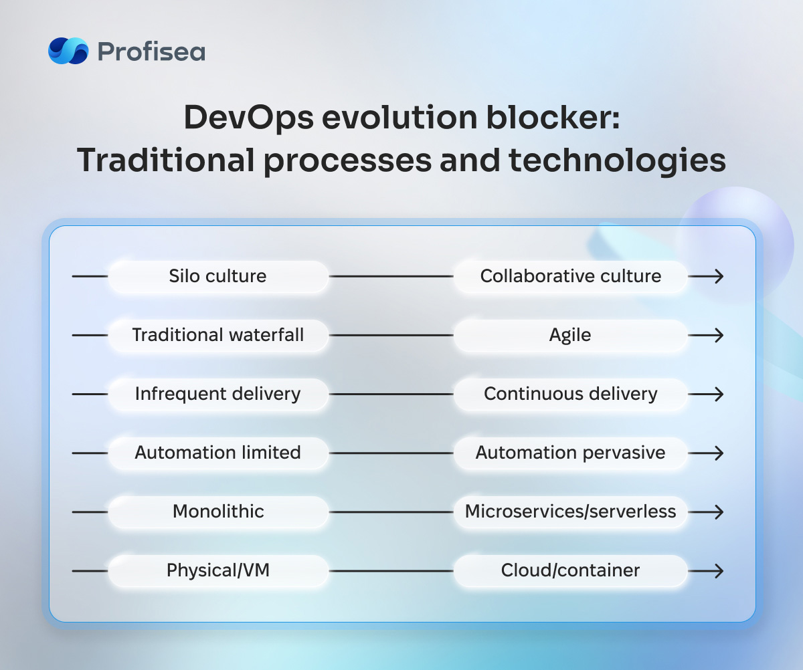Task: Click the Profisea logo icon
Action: coord(68,51)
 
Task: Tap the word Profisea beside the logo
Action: coord(151,52)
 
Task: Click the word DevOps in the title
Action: coord(249,118)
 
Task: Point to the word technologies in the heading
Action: coord(617,160)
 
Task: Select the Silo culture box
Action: coord(218,276)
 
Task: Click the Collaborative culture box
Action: coord(570,276)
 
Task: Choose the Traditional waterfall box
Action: coord(218,335)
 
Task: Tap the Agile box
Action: coord(570,335)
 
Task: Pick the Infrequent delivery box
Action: coord(218,394)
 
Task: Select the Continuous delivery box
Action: coord(570,394)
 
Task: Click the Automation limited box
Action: coord(218,453)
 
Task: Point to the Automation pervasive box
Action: coord(570,453)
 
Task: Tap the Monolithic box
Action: coord(218,512)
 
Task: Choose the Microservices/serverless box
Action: coord(570,512)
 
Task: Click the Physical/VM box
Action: coord(218,571)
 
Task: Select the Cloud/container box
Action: coord(570,571)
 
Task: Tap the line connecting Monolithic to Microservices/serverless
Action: coord(391,512)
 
